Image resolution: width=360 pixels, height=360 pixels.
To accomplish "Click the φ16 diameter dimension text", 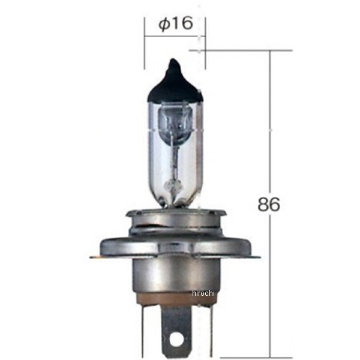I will click(175, 23).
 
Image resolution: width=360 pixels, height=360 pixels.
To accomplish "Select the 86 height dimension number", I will click(269, 204).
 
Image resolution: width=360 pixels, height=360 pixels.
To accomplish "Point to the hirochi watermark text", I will click(206, 292).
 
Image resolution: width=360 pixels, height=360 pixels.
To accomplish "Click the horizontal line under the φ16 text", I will click(175, 35).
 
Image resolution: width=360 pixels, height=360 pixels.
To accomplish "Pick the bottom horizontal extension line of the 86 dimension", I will click(252, 355).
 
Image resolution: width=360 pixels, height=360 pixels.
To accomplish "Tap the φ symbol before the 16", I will click(163, 24).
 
